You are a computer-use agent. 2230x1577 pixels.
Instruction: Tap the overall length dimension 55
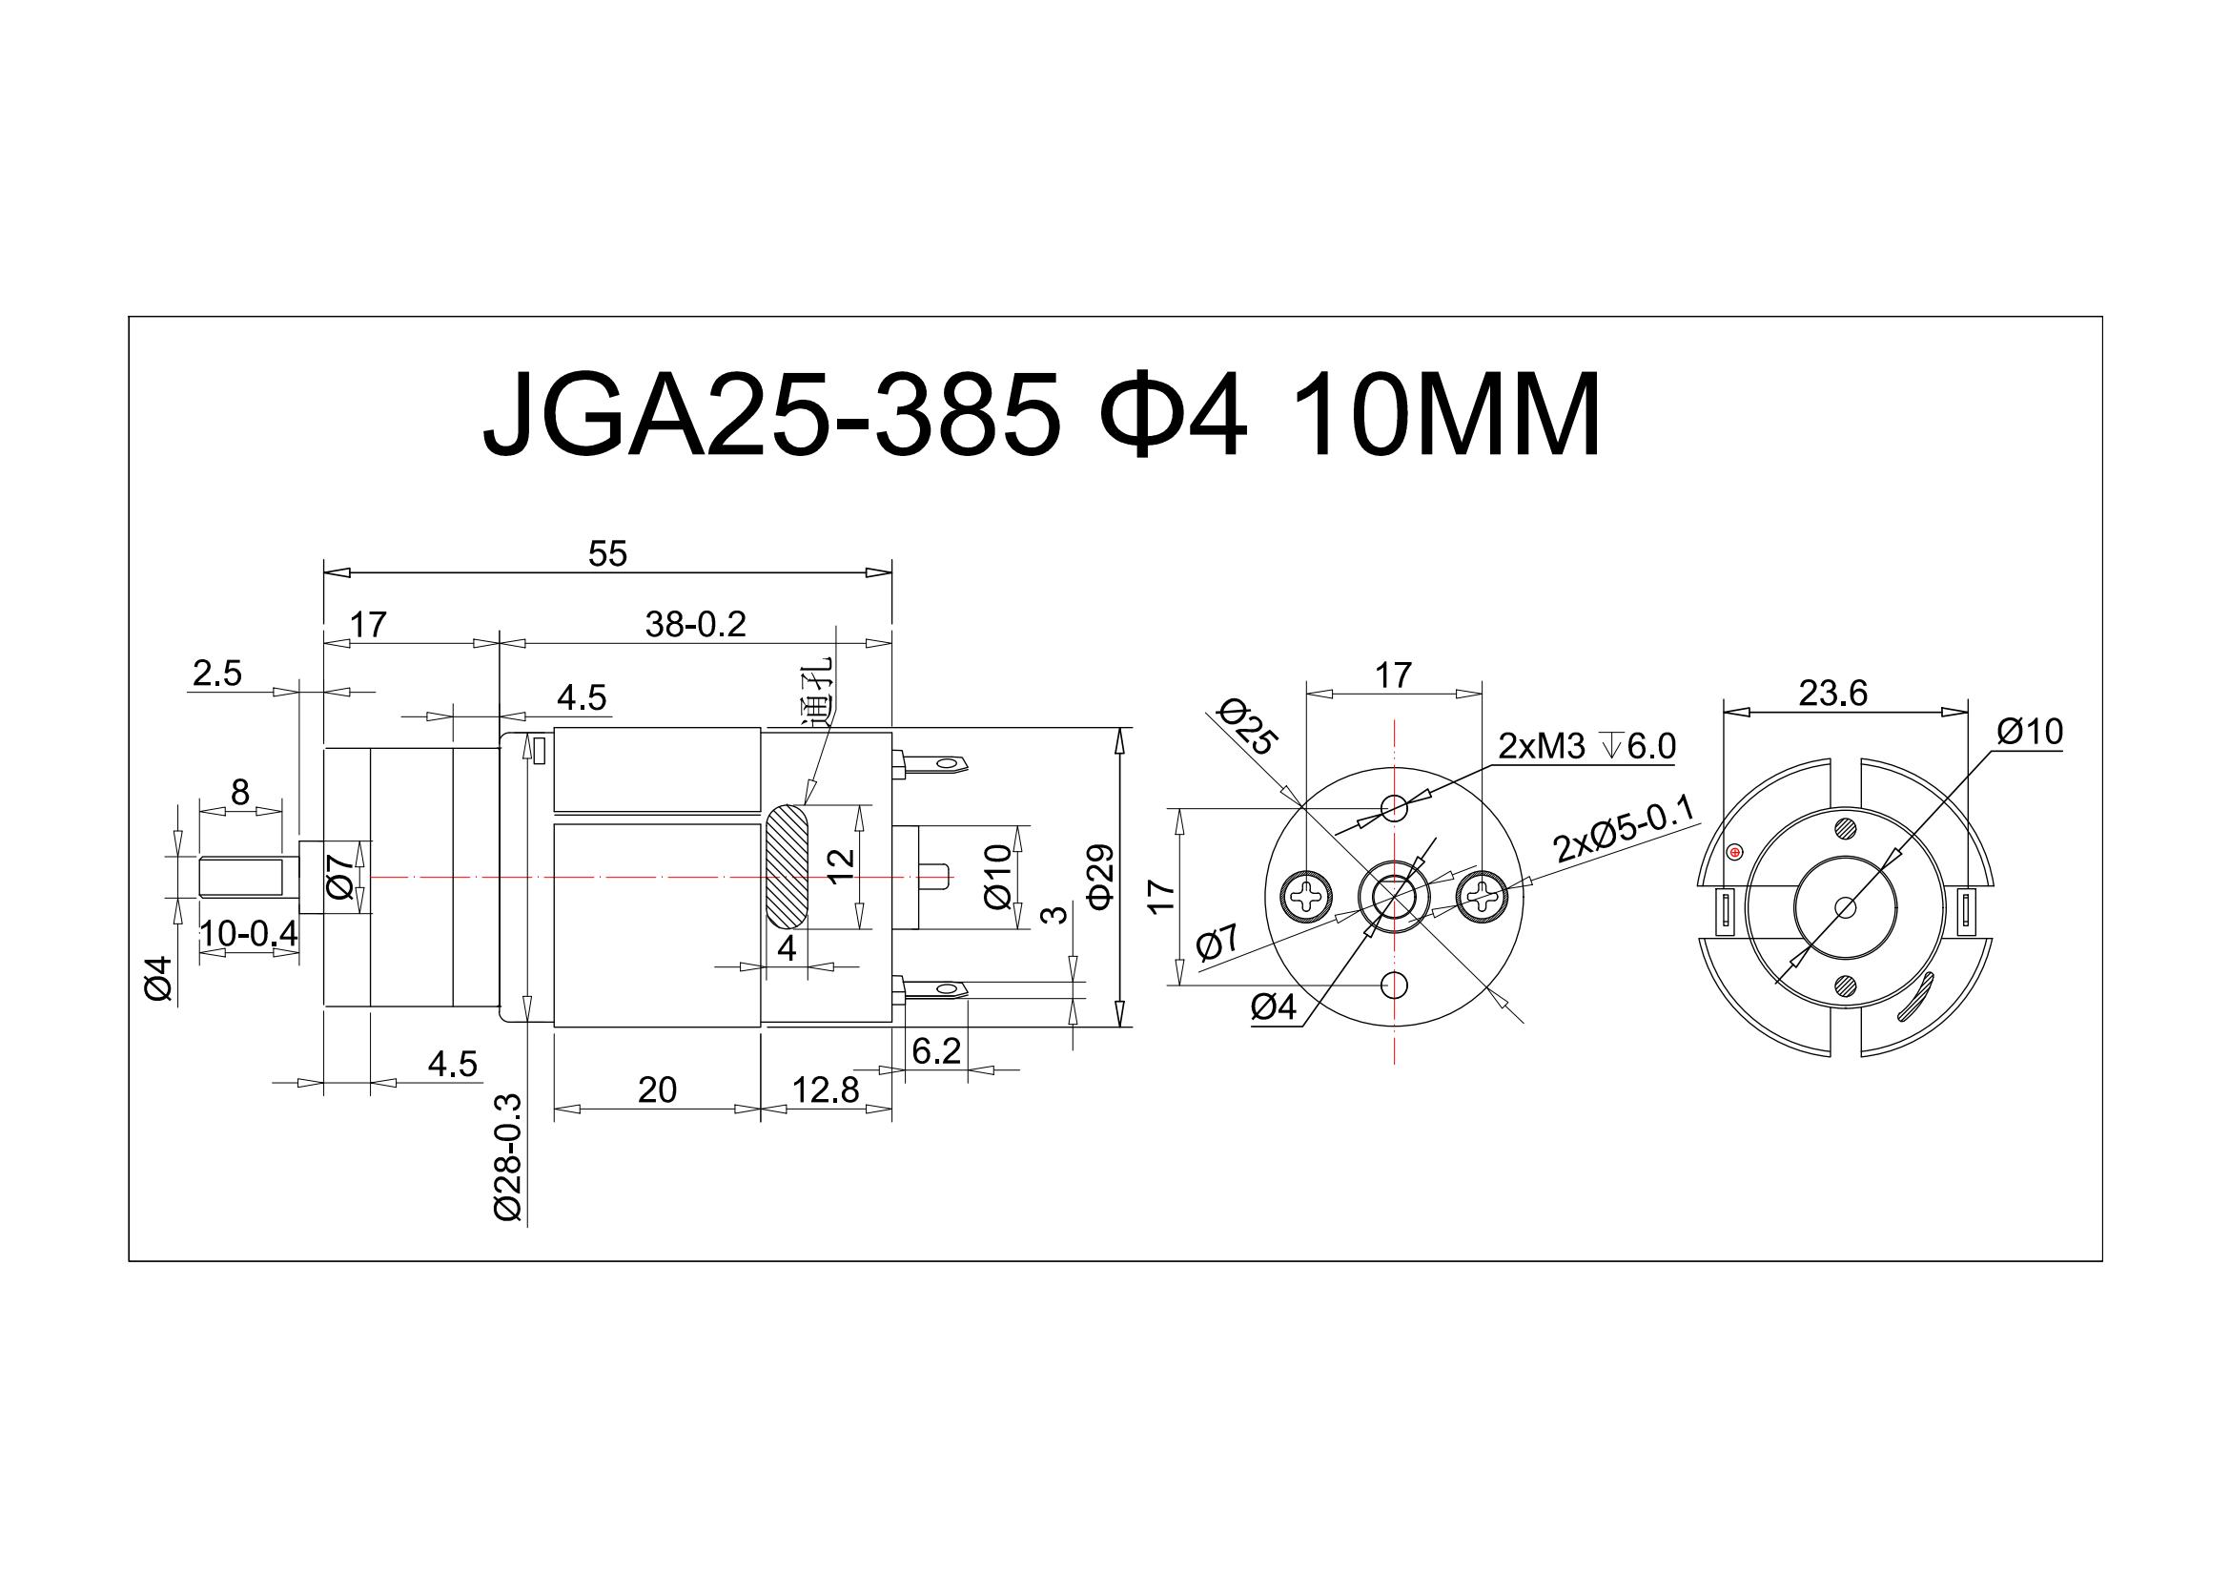[x=608, y=554]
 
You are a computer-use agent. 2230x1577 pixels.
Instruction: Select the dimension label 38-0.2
[x=695, y=625]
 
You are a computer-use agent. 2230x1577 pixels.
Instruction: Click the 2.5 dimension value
[x=216, y=674]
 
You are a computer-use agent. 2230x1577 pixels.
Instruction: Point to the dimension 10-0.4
[x=249, y=934]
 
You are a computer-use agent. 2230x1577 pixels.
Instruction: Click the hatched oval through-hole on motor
[x=786, y=864]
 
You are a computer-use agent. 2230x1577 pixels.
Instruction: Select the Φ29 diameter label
[x=1102, y=877]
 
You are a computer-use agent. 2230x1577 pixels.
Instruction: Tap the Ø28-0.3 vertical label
[x=509, y=1157]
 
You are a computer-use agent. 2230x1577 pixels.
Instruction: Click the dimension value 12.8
[x=825, y=1091]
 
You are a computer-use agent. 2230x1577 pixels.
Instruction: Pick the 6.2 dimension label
[x=936, y=1050]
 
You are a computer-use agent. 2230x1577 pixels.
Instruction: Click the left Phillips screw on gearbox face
[x=1307, y=893]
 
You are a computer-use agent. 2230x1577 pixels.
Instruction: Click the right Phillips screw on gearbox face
[x=1483, y=893]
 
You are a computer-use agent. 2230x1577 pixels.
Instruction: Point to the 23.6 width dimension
[x=1832, y=693]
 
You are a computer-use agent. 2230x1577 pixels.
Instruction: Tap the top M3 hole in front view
[x=1395, y=805]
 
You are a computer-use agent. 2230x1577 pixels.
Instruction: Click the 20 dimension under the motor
[x=658, y=1090]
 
